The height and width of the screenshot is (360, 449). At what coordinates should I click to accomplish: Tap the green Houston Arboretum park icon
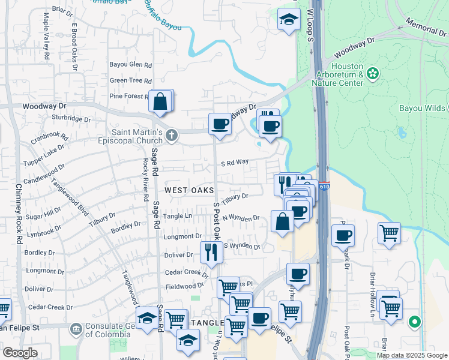(x=373, y=74)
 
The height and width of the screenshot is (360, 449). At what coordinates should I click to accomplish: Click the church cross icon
(x=172, y=134)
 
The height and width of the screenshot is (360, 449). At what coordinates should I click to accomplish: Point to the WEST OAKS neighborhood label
(x=189, y=190)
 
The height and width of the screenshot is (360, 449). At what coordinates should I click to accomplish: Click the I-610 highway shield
(x=324, y=187)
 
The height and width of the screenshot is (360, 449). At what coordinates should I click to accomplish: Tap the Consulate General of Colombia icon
(x=76, y=328)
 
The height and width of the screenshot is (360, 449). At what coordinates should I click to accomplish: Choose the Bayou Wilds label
(x=423, y=109)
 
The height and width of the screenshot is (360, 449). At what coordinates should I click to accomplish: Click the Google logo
(x=20, y=353)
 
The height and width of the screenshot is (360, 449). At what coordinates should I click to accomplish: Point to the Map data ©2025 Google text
(x=412, y=355)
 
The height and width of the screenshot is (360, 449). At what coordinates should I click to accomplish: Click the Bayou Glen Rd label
(x=130, y=65)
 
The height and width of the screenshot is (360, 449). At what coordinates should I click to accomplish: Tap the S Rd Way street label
(x=235, y=162)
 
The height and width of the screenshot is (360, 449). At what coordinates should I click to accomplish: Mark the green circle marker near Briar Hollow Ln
(x=414, y=322)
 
